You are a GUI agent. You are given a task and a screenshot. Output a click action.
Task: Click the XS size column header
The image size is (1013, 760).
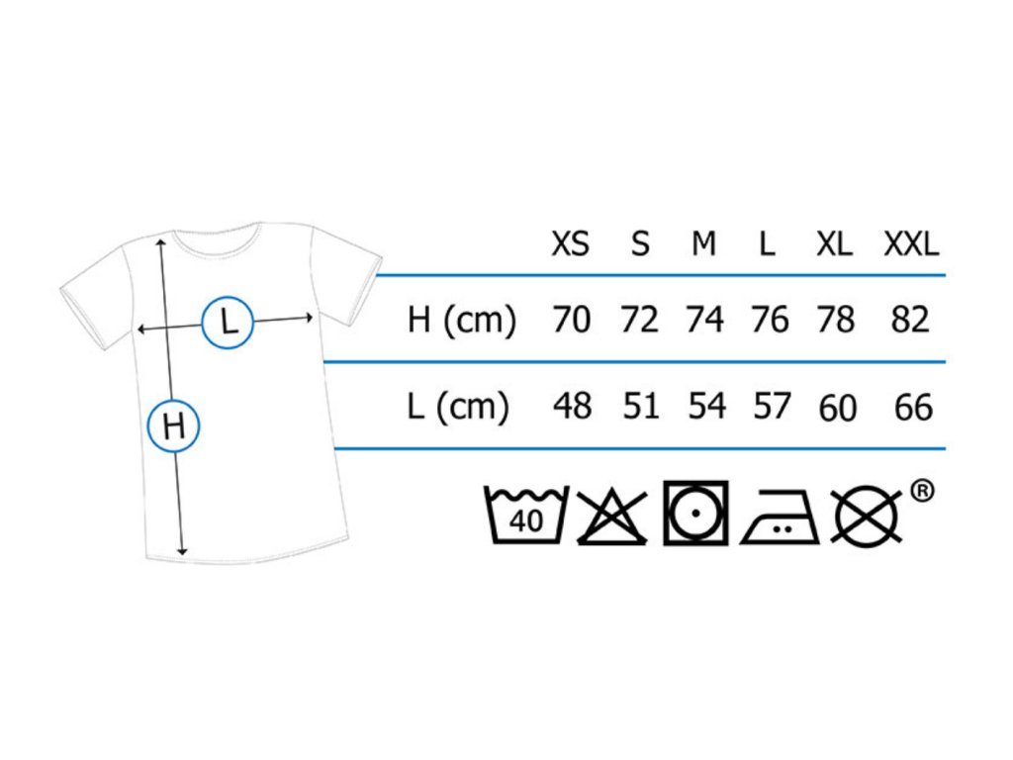[x=570, y=243]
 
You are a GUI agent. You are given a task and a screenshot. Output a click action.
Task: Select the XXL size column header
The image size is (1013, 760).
[x=911, y=243]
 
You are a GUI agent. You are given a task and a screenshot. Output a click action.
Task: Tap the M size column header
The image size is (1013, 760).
[x=703, y=243]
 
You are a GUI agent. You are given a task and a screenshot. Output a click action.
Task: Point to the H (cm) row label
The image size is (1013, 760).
[x=462, y=321]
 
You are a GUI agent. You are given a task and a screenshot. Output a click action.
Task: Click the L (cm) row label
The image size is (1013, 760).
[x=458, y=406]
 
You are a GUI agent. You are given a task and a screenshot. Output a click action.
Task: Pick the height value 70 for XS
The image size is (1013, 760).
[x=572, y=320]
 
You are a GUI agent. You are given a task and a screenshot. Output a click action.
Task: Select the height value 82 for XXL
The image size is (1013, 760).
[x=911, y=320]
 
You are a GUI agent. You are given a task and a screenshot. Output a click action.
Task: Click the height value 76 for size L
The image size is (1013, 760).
[x=770, y=320]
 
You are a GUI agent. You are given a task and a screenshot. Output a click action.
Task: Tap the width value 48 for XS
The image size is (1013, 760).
[x=572, y=406]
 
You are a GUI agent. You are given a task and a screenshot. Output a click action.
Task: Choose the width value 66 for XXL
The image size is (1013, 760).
[x=912, y=407]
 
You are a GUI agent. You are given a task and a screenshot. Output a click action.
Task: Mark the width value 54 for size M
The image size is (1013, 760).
[x=706, y=406]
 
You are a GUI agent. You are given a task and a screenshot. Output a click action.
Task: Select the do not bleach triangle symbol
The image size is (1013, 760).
[x=611, y=516]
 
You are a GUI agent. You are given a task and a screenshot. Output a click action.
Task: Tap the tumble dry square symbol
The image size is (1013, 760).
[x=695, y=514]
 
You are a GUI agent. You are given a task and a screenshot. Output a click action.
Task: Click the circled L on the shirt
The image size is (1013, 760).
[x=229, y=322]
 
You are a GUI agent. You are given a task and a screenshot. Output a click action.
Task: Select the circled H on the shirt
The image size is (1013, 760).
[x=174, y=427]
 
